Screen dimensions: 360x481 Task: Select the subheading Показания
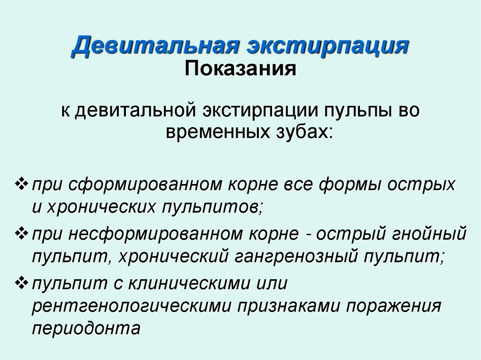tap(241, 70)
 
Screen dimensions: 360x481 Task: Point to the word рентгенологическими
tap(132, 307)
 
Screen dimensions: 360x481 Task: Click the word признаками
tap(291, 307)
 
